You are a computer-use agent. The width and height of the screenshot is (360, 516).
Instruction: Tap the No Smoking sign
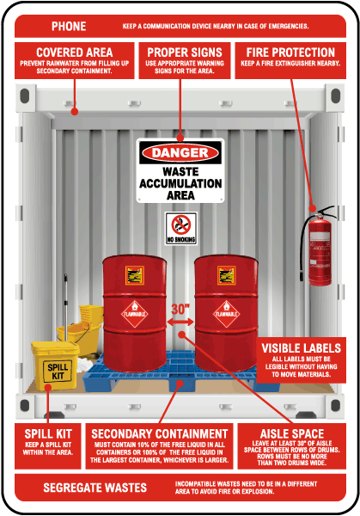click(180, 230)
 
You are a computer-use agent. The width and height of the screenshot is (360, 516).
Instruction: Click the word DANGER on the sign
click(180, 153)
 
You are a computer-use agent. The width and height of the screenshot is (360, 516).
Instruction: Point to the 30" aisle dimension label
click(180, 308)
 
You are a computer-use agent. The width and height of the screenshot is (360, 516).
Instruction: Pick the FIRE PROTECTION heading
click(296, 52)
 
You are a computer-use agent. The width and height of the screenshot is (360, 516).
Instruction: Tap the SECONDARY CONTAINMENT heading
click(160, 433)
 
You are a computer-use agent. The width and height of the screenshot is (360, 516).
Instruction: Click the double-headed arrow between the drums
click(180, 322)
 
